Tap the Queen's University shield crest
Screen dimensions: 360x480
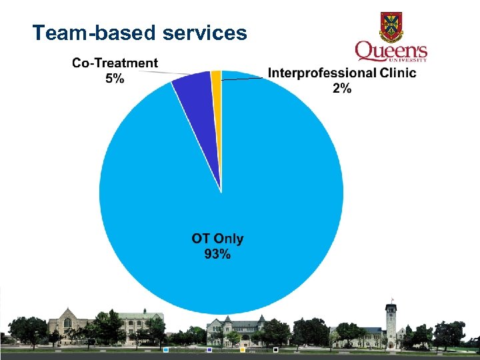point(391,26)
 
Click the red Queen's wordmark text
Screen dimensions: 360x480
point(391,51)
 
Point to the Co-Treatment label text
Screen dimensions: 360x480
point(115,63)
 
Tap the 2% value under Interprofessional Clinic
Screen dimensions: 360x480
point(341,88)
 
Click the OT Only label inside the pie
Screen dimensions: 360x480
point(217,239)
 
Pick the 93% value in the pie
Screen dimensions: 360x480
point(217,253)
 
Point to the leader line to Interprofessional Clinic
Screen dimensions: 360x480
point(243,79)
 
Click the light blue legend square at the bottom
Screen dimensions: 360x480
point(165,349)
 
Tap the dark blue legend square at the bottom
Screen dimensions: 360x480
point(209,349)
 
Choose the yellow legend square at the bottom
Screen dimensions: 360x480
point(243,349)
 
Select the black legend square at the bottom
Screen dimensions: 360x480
point(275,349)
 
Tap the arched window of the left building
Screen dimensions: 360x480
point(67,323)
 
